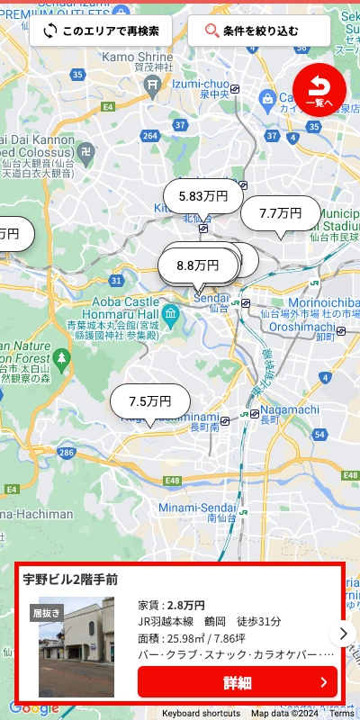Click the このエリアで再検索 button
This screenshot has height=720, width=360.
click(x=101, y=31)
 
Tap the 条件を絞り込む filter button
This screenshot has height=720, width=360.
click(x=259, y=31)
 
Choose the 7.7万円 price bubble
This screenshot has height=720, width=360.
click(x=280, y=213)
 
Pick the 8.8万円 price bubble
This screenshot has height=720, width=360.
click(x=198, y=265)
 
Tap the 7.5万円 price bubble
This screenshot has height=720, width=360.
click(x=150, y=401)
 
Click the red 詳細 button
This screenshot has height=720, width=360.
click(x=238, y=682)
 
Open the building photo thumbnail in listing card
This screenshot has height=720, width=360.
click(x=76, y=646)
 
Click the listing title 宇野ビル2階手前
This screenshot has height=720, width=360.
click(x=70, y=579)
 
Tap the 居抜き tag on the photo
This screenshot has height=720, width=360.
click(x=47, y=613)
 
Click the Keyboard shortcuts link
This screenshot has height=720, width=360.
click(x=201, y=713)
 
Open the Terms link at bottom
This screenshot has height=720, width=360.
click(x=342, y=713)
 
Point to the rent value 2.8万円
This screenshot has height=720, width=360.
click(x=186, y=605)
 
